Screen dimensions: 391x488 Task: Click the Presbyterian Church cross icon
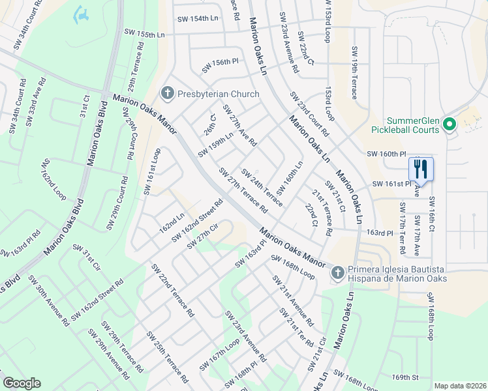coord(167,94)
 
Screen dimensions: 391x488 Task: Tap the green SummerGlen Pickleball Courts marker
coord(448,124)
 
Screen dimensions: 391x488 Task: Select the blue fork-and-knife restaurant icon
coord(421,169)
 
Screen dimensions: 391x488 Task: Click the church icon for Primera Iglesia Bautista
coord(337,272)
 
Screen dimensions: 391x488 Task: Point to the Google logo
coord(22,383)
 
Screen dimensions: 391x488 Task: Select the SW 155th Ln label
coord(144,34)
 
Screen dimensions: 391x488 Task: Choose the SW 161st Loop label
coord(151,171)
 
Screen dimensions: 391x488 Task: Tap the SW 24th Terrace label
coord(262,187)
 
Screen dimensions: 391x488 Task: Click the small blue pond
coord(82,14)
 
